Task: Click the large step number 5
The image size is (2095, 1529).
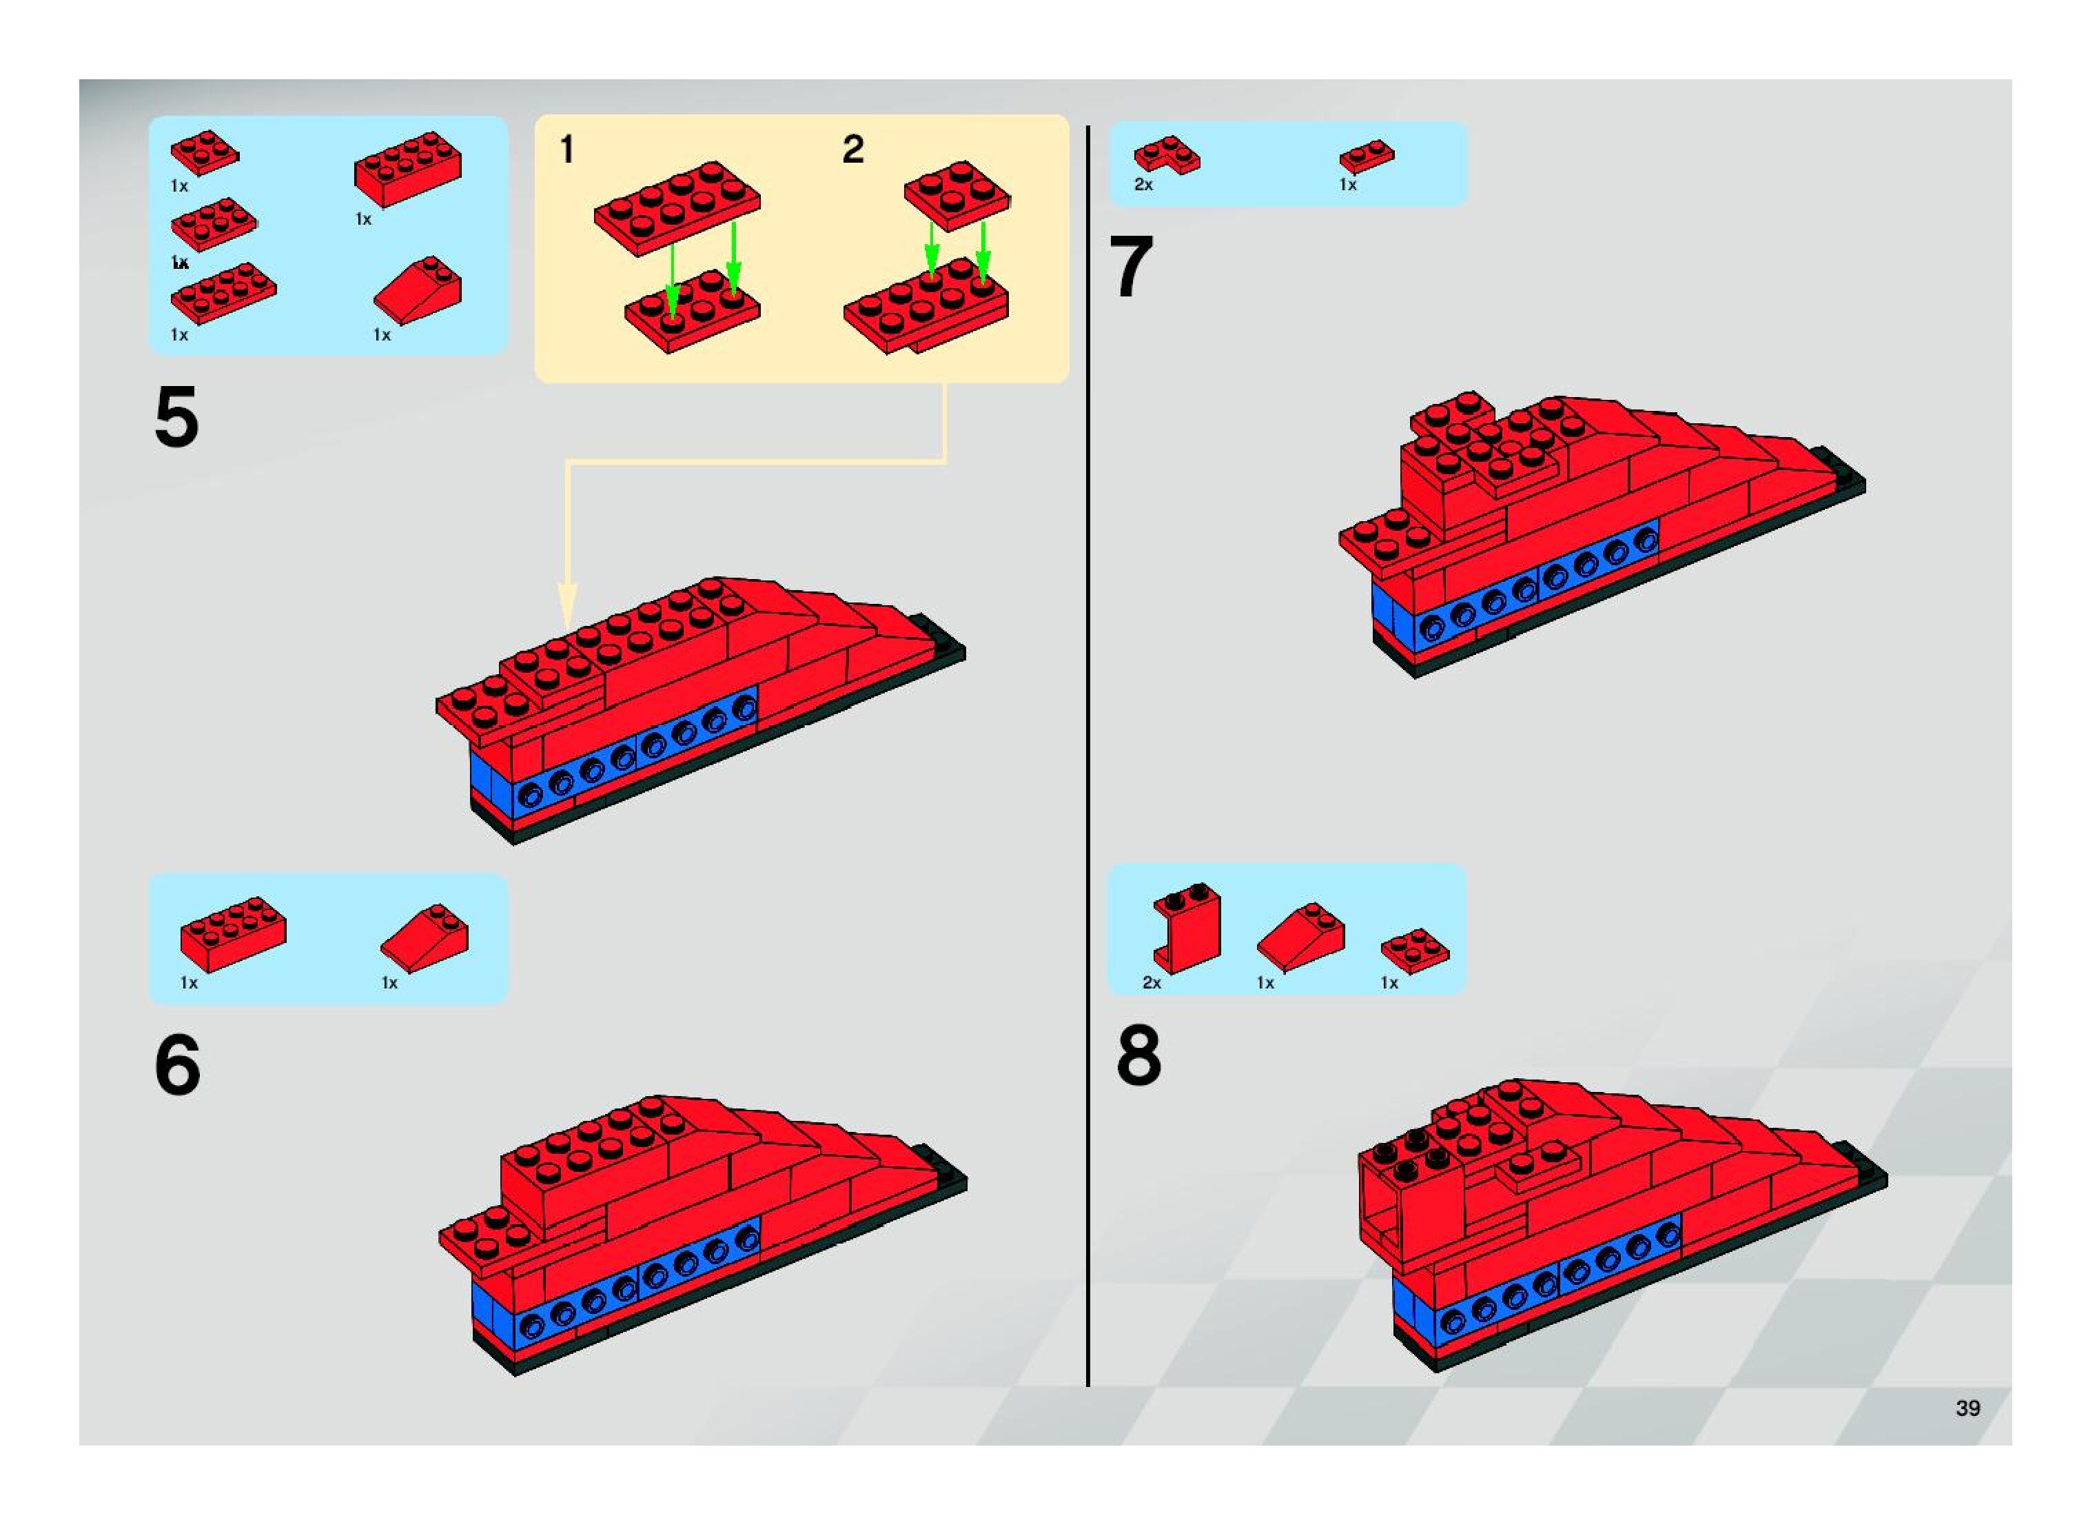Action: coord(176,418)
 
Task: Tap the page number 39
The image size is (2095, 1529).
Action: coord(1968,1408)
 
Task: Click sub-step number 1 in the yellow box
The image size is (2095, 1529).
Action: coord(567,149)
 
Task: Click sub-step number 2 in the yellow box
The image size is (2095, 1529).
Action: coord(852,149)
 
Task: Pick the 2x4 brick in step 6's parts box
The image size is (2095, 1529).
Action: coord(233,932)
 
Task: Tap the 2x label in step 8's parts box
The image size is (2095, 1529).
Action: coord(1151,983)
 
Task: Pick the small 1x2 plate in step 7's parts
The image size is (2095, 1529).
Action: coord(1367,156)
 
